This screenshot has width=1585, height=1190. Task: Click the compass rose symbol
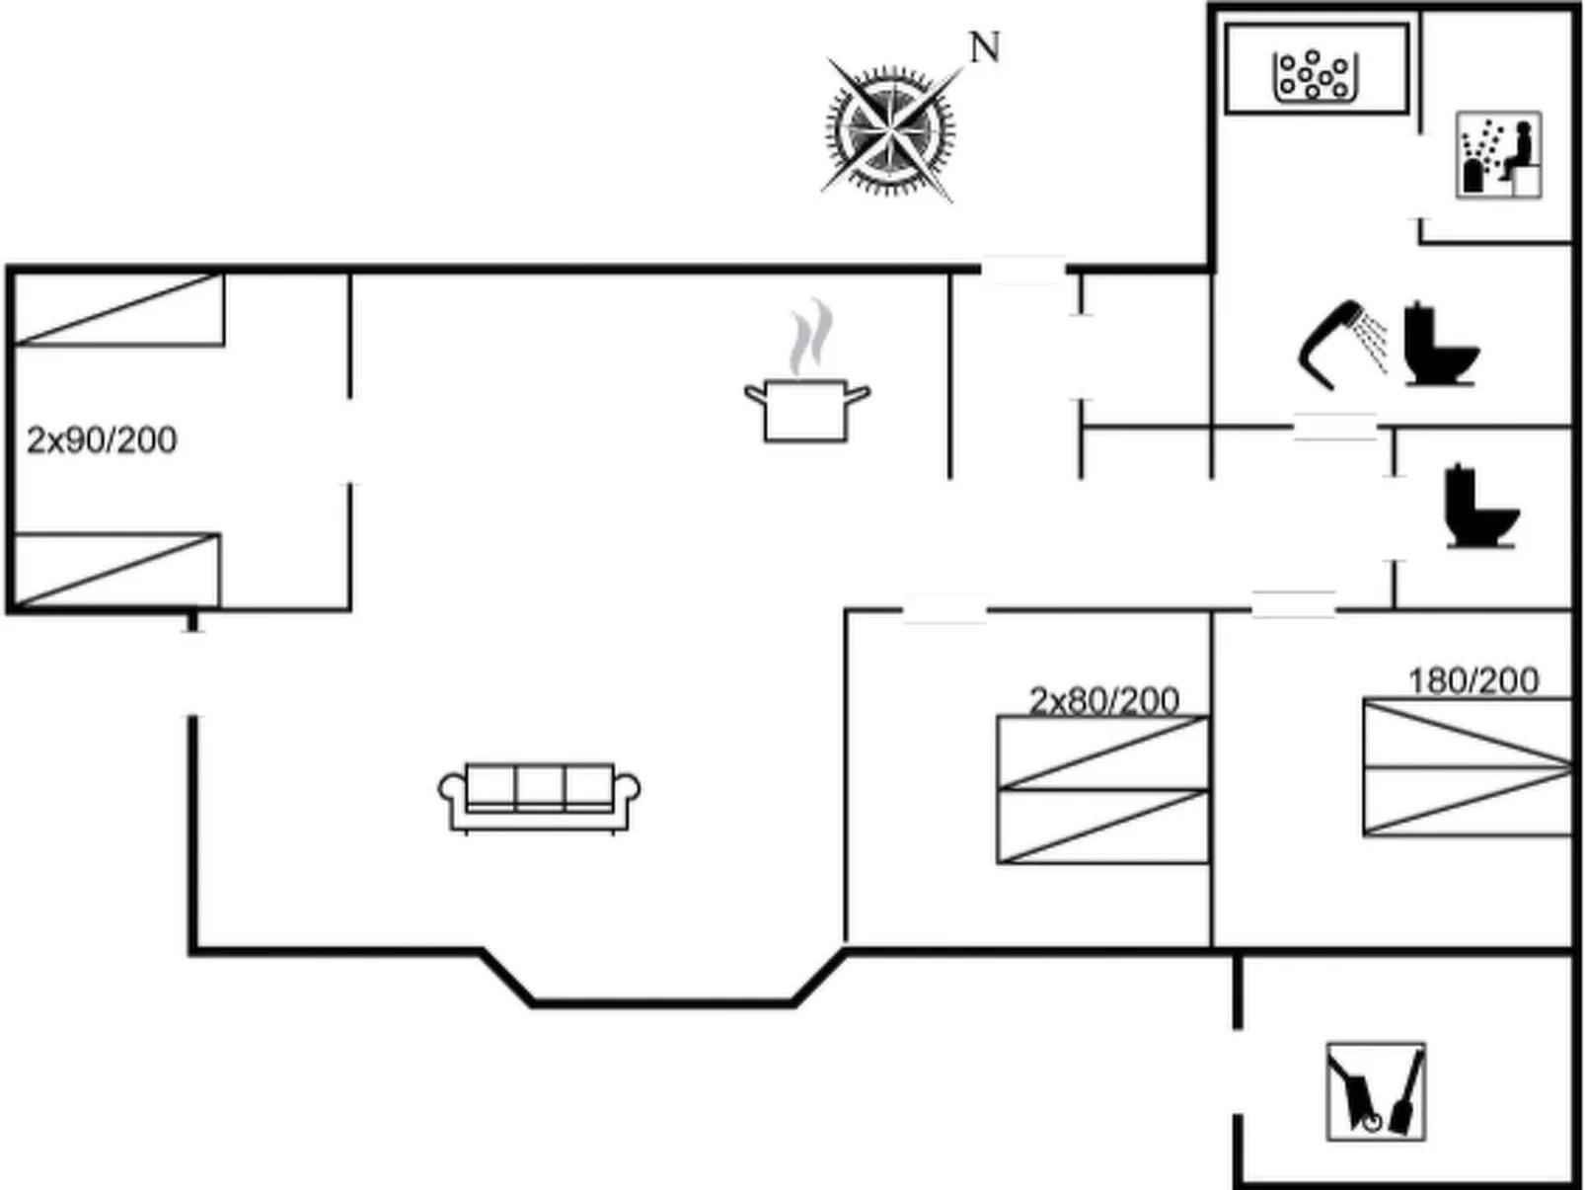click(x=890, y=130)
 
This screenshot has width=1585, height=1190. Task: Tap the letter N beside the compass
click(x=984, y=47)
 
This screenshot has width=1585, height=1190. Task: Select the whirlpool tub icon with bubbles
click(x=1315, y=75)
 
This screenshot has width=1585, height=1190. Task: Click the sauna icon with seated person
click(x=1498, y=155)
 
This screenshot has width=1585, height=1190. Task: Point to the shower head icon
click(x=1342, y=345)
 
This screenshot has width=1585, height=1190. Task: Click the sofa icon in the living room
click(x=539, y=798)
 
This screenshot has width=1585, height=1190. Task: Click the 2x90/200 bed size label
click(x=102, y=440)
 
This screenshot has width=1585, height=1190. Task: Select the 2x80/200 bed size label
click(x=1104, y=700)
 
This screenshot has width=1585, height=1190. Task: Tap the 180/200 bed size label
click(x=1473, y=680)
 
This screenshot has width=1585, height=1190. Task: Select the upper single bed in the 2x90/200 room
click(x=119, y=309)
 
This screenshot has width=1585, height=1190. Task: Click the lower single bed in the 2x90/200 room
click(x=117, y=570)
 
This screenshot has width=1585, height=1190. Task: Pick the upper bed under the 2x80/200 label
click(x=1102, y=753)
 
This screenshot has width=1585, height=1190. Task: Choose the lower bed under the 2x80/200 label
click(x=1102, y=827)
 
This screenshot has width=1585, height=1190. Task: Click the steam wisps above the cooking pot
click(x=811, y=337)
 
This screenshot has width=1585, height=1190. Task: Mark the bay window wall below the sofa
click(x=663, y=1003)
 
